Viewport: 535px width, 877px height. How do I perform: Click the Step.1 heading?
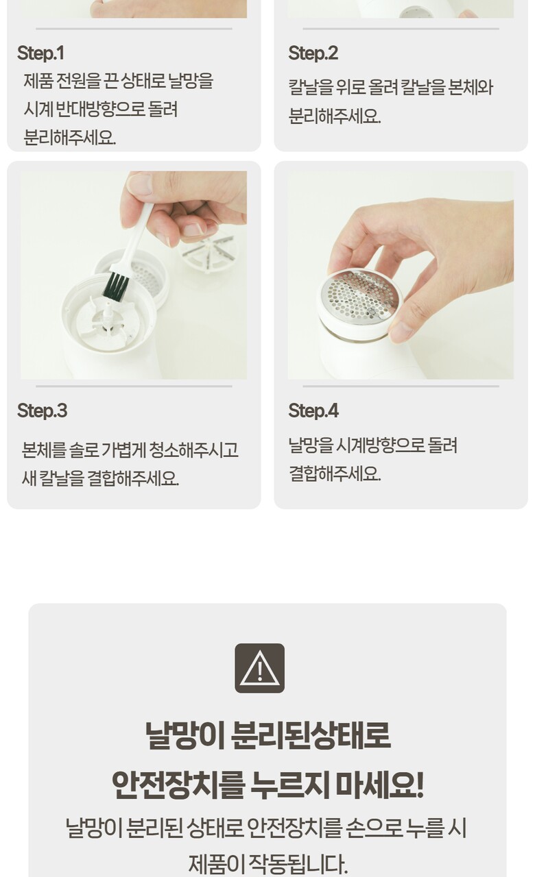[x=40, y=53]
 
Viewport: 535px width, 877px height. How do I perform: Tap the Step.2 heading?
[x=313, y=53]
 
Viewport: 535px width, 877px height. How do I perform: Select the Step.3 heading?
[x=43, y=410]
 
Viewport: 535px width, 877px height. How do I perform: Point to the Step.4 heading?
[x=313, y=410]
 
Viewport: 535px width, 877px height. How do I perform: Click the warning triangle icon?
[x=259, y=668]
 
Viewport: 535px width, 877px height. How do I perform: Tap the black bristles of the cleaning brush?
[x=116, y=284]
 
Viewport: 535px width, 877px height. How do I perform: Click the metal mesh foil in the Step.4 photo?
[x=360, y=294]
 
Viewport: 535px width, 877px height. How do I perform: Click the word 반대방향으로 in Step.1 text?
[x=101, y=109]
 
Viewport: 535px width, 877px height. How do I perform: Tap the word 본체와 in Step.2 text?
[x=470, y=87]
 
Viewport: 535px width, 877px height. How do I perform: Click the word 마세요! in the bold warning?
[x=379, y=785]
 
